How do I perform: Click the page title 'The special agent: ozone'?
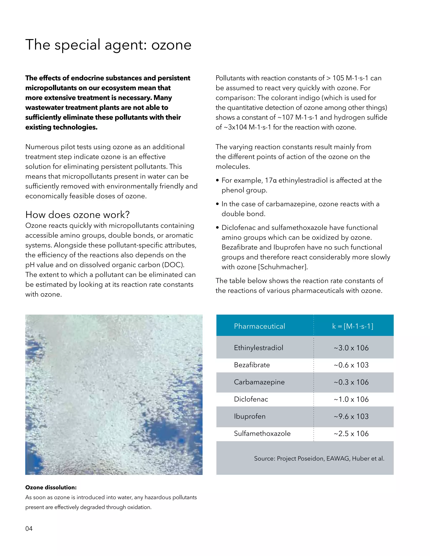coord(108,45)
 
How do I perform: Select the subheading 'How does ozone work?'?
coord(77,215)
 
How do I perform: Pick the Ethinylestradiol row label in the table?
coord(258,348)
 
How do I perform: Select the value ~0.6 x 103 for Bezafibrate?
coord(351,365)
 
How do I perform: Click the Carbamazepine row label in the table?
coord(259,382)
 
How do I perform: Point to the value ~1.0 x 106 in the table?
coord(351,399)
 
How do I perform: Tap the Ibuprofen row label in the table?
coord(250,416)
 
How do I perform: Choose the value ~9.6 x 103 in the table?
coord(351,416)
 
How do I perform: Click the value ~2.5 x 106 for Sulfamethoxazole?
coord(351,433)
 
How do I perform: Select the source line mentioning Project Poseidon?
coord(319,458)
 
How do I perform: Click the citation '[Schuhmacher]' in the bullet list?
coord(283,267)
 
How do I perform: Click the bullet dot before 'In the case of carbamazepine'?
coord(217,204)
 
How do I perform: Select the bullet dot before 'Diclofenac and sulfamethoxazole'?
coord(217,228)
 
